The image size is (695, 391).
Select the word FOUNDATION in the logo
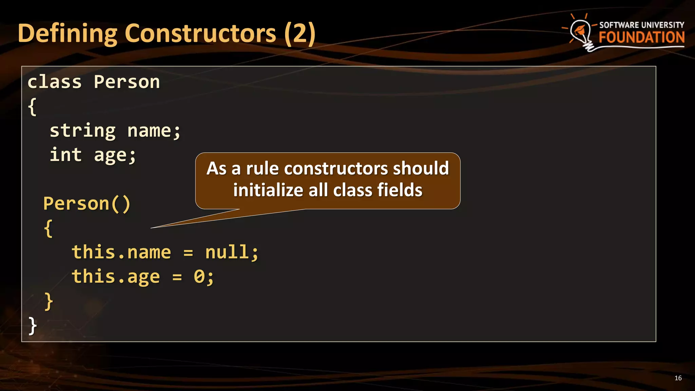(x=641, y=37)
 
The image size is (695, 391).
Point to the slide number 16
(x=678, y=378)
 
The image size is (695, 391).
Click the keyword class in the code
(x=55, y=82)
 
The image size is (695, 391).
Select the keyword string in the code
(x=83, y=131)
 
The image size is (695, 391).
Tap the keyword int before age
(x=66, y=155)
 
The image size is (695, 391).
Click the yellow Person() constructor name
(x=87, y=204)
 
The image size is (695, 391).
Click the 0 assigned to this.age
(x=199, y=277)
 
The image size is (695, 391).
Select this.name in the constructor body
(x=121, y=253)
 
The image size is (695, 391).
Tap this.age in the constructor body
(x=116, y=277)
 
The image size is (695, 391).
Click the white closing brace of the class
(x=32, y=326)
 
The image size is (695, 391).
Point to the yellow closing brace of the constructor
(x=49, y=301)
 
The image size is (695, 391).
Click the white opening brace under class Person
(x=32, y=107)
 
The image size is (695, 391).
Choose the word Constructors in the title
(x=201, y=34)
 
